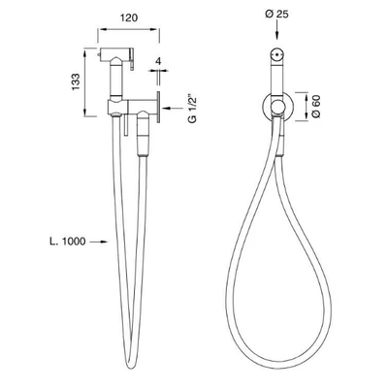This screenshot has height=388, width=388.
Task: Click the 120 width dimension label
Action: pos(129,17)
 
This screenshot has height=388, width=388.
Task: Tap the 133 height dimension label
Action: pos(76,82)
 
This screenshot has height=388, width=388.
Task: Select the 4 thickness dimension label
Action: pos(158,61)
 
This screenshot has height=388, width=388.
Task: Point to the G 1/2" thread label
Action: pos(192,109)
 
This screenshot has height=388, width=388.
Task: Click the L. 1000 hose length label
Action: pos(68,242)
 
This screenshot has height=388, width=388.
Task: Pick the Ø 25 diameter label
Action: pos(276,15)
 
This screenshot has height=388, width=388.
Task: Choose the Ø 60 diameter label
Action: pos(316,107)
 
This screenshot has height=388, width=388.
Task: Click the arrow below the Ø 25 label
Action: pos(277,30)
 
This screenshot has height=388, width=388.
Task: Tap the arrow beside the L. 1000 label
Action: pos(98,242)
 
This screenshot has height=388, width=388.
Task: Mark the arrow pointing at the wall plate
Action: pos(173,108)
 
